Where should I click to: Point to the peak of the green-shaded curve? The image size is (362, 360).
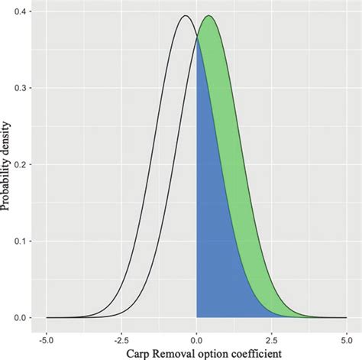pos(208,16)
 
